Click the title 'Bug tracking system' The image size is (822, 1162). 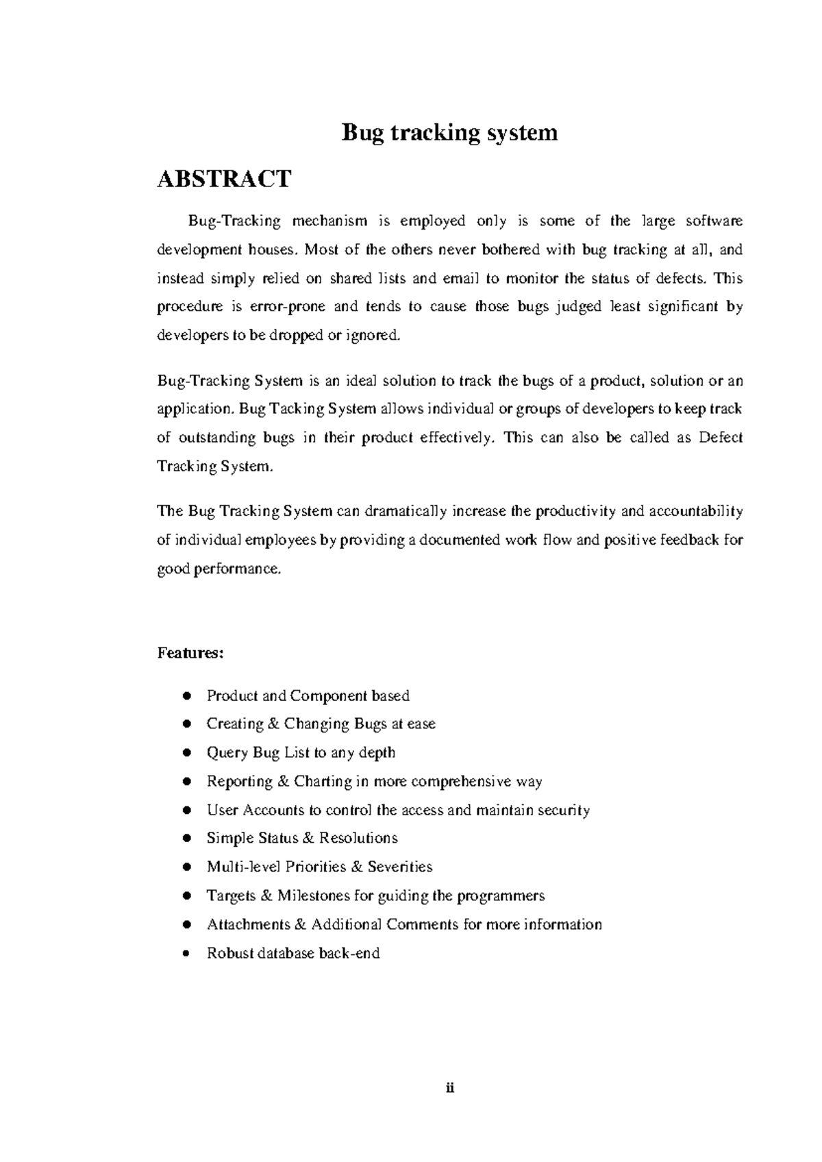coord(449,132)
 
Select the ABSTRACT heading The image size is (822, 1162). coord(224,180)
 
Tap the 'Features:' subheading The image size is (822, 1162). coord(190,653)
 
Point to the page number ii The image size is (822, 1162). coord(450,1089)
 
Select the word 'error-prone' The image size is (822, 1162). coord(287,307)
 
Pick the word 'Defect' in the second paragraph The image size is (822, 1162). coord(720,438)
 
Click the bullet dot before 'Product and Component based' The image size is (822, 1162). coord(186,697)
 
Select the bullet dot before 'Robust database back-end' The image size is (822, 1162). coord(186,954)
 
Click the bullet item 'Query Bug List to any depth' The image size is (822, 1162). coord(301,753)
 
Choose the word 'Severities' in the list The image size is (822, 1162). coord(400,867)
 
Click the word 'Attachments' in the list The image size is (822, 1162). coord(248,925)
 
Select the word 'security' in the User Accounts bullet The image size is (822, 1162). coord(563,811)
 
